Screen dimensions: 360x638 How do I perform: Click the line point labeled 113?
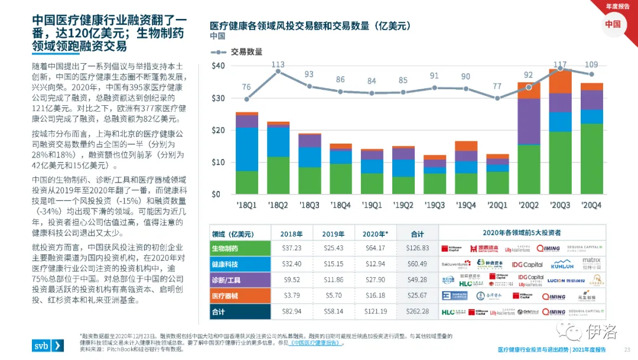(278, 71)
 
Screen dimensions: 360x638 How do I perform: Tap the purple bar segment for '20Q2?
(529, 121)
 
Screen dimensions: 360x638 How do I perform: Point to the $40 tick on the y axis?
(218, 66)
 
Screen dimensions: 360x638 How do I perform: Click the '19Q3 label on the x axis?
(434, 205)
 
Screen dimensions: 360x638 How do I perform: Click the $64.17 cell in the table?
(375, 248)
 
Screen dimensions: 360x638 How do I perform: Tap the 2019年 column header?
(333, 233)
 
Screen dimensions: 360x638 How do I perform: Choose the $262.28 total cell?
(417, 311)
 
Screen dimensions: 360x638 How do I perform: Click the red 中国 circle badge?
(613, 24)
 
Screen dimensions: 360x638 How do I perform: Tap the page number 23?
(627, 349)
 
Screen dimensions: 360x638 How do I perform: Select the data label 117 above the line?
(560, 64)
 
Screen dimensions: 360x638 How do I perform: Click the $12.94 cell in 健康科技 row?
(375, 264)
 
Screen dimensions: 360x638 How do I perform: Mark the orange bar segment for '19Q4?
(466, 146)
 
